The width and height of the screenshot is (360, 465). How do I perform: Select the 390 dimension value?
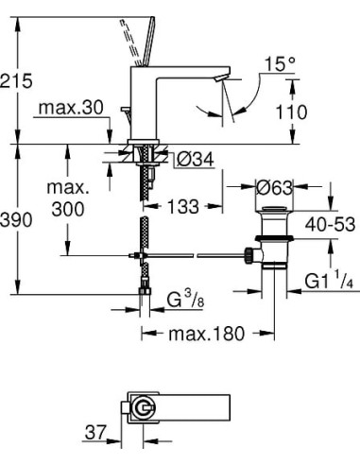pos(16,219)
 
